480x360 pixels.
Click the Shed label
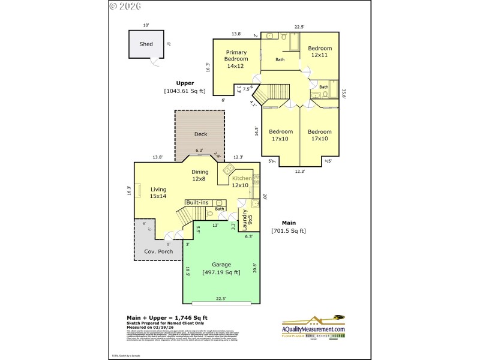tap(146, 44)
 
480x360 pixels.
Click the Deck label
tap(200, 134)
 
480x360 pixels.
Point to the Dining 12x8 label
tap(200, 176)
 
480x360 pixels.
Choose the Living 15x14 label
tap(159, 192)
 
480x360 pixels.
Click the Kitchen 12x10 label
tap(241, 182)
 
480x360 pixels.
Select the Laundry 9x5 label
tap(247, 218)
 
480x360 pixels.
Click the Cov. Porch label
tap(158, 251)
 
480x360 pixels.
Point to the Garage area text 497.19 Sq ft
tap(221, 272)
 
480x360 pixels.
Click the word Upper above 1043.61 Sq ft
tap(184, 83)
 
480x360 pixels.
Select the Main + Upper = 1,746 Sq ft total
tap(167, 317)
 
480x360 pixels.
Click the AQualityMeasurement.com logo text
tap(314, 329)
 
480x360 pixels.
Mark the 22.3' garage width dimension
tap(221, 298)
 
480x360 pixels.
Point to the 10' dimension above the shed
tap(146, 25)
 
